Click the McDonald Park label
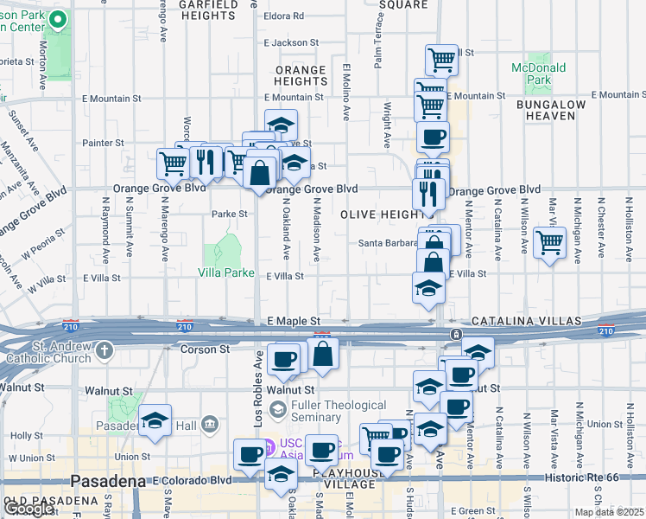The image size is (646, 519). tap(538, 74)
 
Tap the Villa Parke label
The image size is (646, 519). tap(225, 272)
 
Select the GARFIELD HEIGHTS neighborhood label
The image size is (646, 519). tap(207, 10)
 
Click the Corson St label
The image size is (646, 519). tap(205, 349)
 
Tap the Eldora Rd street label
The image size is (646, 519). tap(284, 16)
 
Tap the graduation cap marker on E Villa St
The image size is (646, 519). tap(428, 287)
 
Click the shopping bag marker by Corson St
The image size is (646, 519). tap(323, 354)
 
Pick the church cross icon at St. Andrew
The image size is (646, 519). tap(104, 350)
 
